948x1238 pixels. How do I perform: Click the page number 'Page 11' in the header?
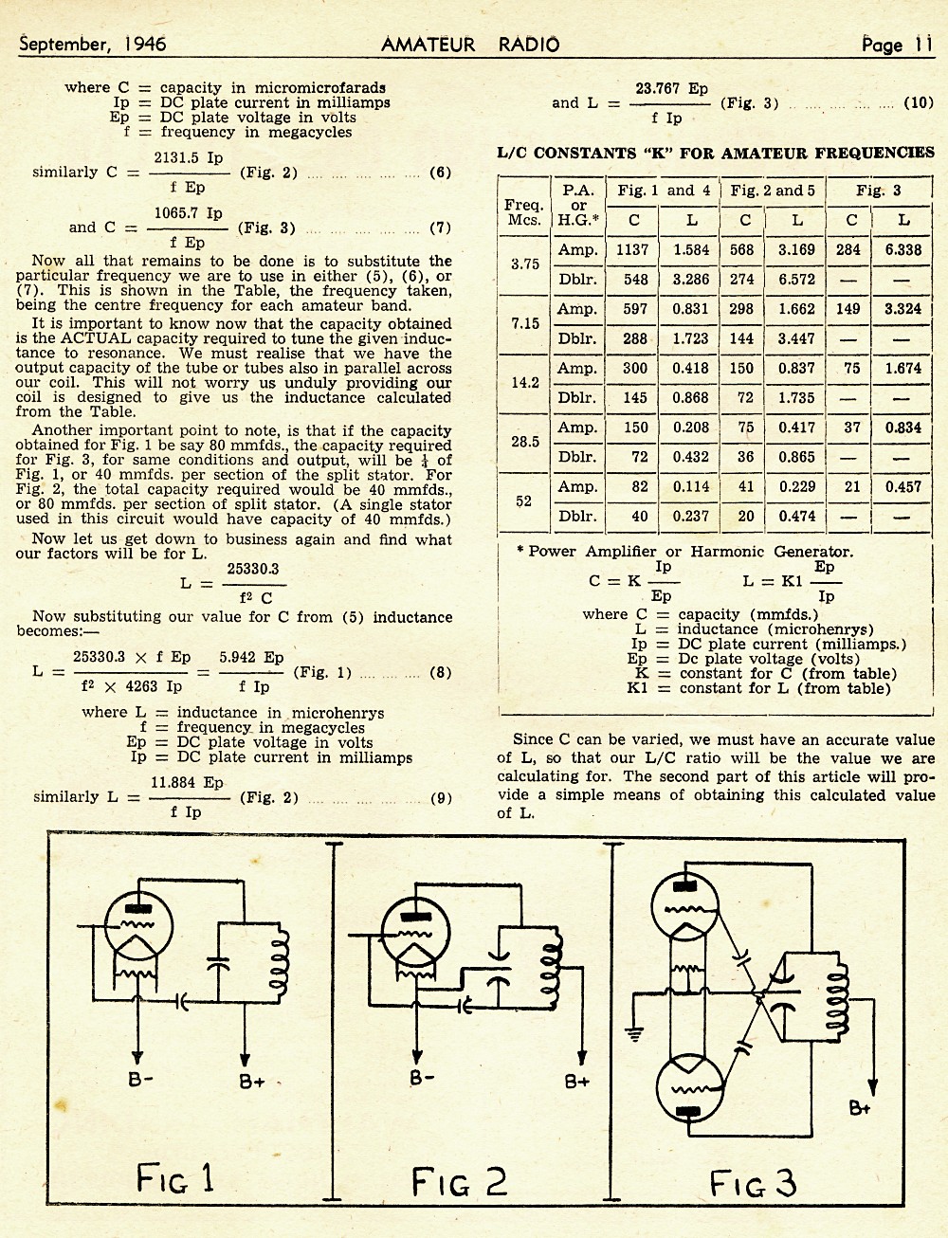(898, 45)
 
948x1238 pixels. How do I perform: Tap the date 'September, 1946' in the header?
(92, 44)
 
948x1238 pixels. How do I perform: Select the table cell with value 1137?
(632, 249)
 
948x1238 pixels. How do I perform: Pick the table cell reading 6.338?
(903, 249)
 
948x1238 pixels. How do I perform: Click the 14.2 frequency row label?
(524, 382)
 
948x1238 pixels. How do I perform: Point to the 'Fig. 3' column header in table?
(878, 191)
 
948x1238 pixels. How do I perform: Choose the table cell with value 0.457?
(903, 486)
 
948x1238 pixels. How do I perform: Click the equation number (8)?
(441, 672)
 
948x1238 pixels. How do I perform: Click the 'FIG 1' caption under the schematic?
(174, 1177)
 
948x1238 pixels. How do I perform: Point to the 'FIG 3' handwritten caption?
(753, 1182)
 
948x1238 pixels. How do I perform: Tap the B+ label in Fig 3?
(860, 1108)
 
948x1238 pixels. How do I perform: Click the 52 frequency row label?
(523, 501)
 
